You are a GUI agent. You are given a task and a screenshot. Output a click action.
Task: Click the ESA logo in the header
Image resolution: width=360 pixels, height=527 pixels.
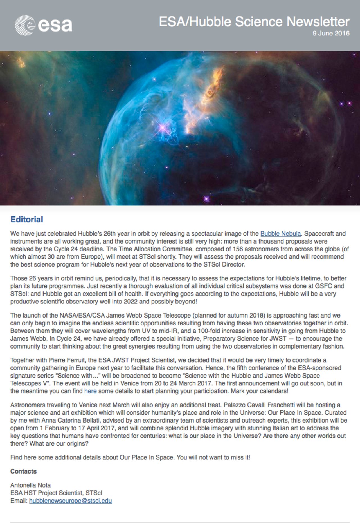(x=43, y=25)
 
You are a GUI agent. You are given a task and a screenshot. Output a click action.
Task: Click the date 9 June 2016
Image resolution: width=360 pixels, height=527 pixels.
(x=331, y=34)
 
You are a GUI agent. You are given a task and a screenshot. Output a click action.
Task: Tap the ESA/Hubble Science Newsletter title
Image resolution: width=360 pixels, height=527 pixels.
(x=254, y=22)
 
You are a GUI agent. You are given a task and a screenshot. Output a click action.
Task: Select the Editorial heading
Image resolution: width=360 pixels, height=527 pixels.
(x=27, y=220)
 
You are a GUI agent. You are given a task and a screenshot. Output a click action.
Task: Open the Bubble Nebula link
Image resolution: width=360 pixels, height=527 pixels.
(x=280, y=234)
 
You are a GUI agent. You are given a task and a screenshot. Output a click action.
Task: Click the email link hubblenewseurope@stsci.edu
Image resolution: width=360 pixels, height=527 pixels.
(x=70, y=501)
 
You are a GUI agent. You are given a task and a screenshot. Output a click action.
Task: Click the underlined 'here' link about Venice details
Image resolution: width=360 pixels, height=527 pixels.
(x=90, y=391)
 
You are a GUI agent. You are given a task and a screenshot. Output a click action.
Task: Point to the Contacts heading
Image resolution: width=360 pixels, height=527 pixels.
(x=23, y=471)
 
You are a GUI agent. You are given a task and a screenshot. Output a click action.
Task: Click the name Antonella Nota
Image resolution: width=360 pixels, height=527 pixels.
(x=30, y=485)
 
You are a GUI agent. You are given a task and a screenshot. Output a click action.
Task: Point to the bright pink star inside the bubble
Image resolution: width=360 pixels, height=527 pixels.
(x=163, y=128)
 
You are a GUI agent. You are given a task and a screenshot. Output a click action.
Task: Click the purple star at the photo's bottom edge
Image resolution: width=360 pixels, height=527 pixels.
(x=206, y=199)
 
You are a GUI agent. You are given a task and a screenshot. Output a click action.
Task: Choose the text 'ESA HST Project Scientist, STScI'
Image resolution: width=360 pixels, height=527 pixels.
(x=56, y=493)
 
